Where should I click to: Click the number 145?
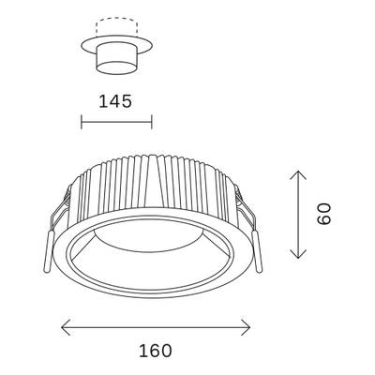pos(116,100)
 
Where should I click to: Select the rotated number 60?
pos(323,215)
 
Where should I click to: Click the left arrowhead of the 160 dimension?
pos(64,327)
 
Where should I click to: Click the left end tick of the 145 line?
pos(82,122)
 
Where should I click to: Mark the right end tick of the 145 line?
pos(153,122)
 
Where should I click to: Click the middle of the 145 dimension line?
pos(117,122)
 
